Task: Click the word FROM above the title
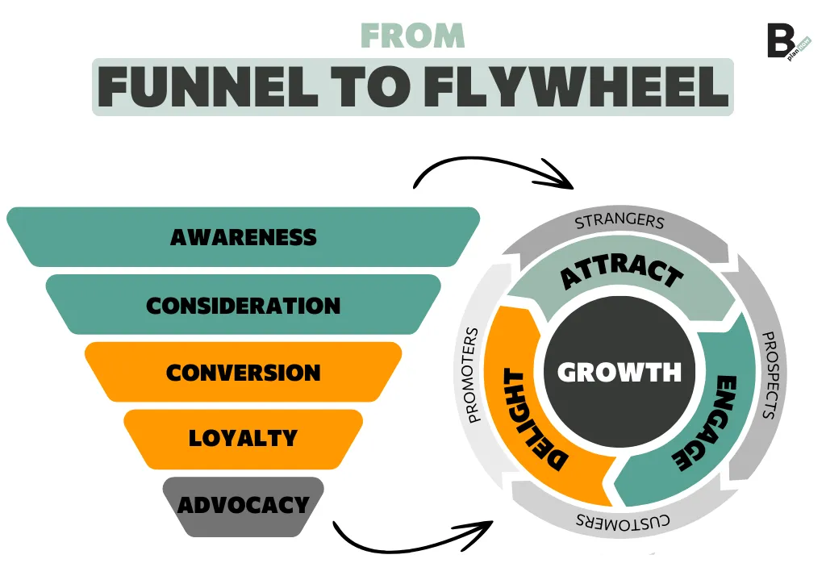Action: (412, 35)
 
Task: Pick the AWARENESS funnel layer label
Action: (244, 237)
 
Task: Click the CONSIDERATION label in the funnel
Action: (244, 306)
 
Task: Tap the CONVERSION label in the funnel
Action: (244, 373)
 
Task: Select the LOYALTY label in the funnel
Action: (244, 438)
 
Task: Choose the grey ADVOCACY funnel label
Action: (244, 505)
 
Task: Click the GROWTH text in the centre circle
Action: (619, 372)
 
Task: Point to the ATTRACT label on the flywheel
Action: (622, 274)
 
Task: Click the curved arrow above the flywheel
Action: (492, 169)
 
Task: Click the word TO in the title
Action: (371, 87)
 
